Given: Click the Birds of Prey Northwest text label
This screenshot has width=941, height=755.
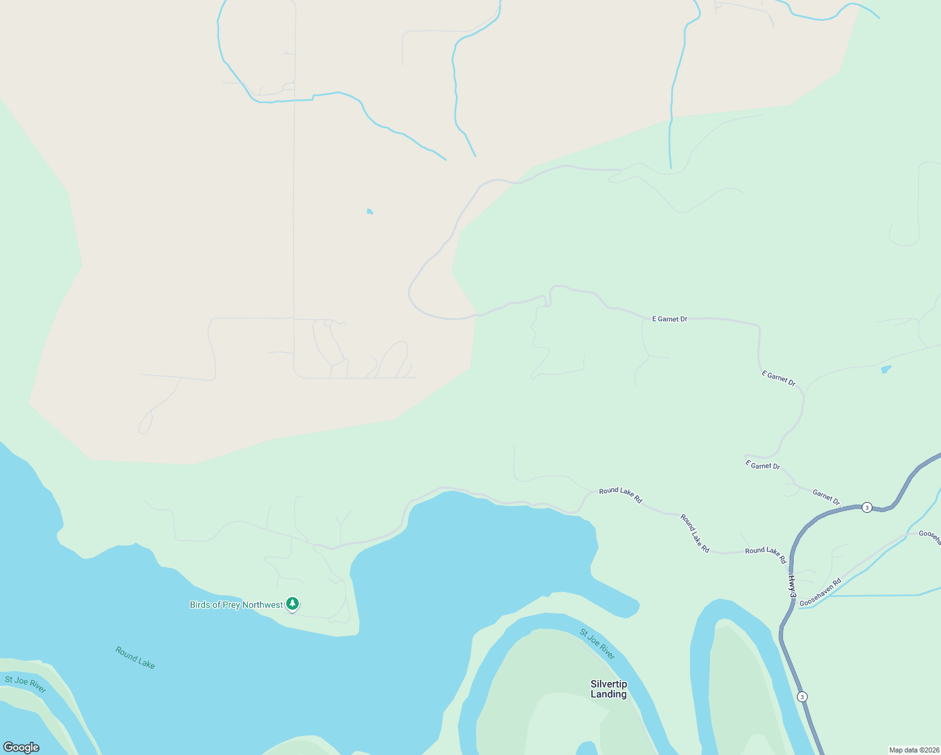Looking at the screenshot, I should [237, 605].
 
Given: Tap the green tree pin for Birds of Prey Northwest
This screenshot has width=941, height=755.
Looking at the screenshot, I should [292, 604].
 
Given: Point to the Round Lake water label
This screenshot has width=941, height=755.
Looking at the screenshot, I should [135, 657].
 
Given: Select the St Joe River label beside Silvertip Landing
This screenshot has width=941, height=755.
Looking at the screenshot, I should [597, 644].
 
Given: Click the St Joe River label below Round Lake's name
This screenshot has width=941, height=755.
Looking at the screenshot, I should [25, 684].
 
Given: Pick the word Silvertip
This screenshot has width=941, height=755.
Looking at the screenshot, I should [608, 684].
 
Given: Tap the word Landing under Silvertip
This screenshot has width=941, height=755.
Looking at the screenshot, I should [608, 695].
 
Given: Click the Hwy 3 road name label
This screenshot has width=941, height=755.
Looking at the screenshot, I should [792, 586].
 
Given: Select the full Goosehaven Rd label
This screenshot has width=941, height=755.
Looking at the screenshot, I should [820, 593].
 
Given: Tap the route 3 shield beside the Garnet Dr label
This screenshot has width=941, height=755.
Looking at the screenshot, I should [867, 508].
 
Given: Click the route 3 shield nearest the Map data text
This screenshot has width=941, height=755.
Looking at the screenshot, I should [801, 696].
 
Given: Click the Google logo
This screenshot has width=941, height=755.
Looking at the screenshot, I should [21, 747].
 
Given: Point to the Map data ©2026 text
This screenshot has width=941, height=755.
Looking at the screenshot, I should [914, 750].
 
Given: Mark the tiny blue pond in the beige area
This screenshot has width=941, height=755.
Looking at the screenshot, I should [370, 212].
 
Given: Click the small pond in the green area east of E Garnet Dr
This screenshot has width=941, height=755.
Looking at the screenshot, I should [886, 369].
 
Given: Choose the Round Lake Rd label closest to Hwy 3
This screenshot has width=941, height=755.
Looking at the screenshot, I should [766, 554].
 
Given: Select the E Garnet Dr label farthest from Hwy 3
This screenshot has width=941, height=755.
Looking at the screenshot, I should [669, 319].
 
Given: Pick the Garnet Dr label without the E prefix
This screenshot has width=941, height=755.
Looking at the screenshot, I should [826, 497].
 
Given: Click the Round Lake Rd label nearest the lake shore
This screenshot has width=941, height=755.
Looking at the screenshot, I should [620, 495].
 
